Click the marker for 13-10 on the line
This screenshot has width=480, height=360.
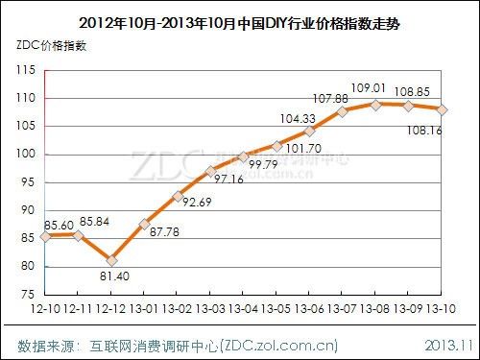point(441,109)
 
